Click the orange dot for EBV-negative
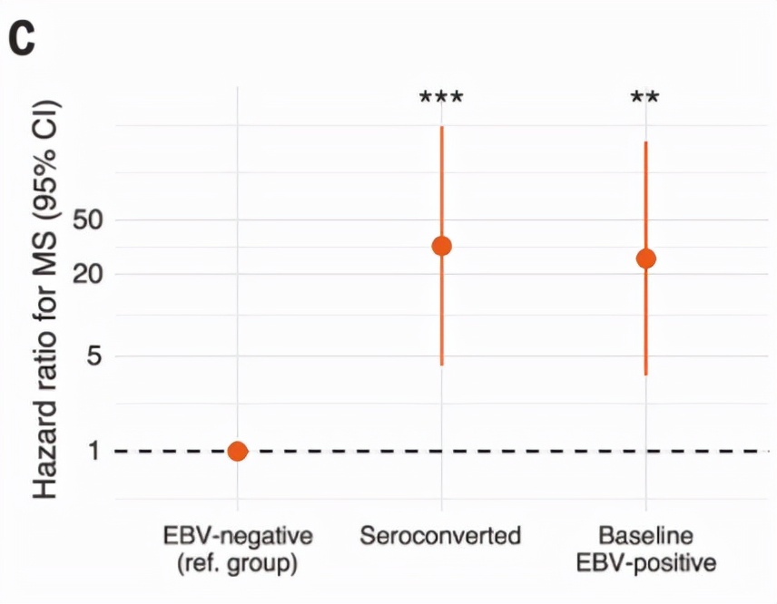237,451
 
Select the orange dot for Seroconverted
441,246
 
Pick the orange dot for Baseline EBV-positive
645,258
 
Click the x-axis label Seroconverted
441,536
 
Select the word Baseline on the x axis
645,535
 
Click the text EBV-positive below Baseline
645,563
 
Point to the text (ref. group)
237,563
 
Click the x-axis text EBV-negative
237,535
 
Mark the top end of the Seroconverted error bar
441,127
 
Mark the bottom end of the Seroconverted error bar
441,365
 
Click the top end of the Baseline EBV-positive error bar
645,142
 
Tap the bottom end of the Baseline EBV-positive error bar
645,374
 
